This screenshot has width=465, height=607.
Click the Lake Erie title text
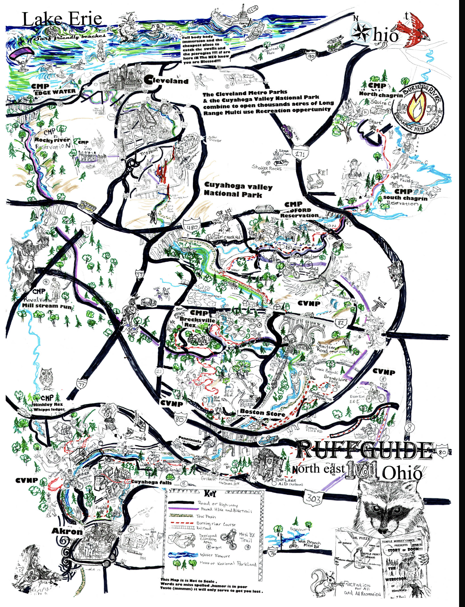click(62, 19)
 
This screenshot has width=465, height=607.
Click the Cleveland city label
click(167, 80)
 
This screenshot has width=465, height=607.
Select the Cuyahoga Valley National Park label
click(238, 190)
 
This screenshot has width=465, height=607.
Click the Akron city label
click(67, 531)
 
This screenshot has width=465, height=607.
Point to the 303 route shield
click(313, 498)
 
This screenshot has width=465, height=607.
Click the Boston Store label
click(262, 413)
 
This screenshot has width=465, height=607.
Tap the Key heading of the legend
click(210, 494)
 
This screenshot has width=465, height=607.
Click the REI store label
click(323, 173)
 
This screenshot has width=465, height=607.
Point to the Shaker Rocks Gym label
click(266, 169)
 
